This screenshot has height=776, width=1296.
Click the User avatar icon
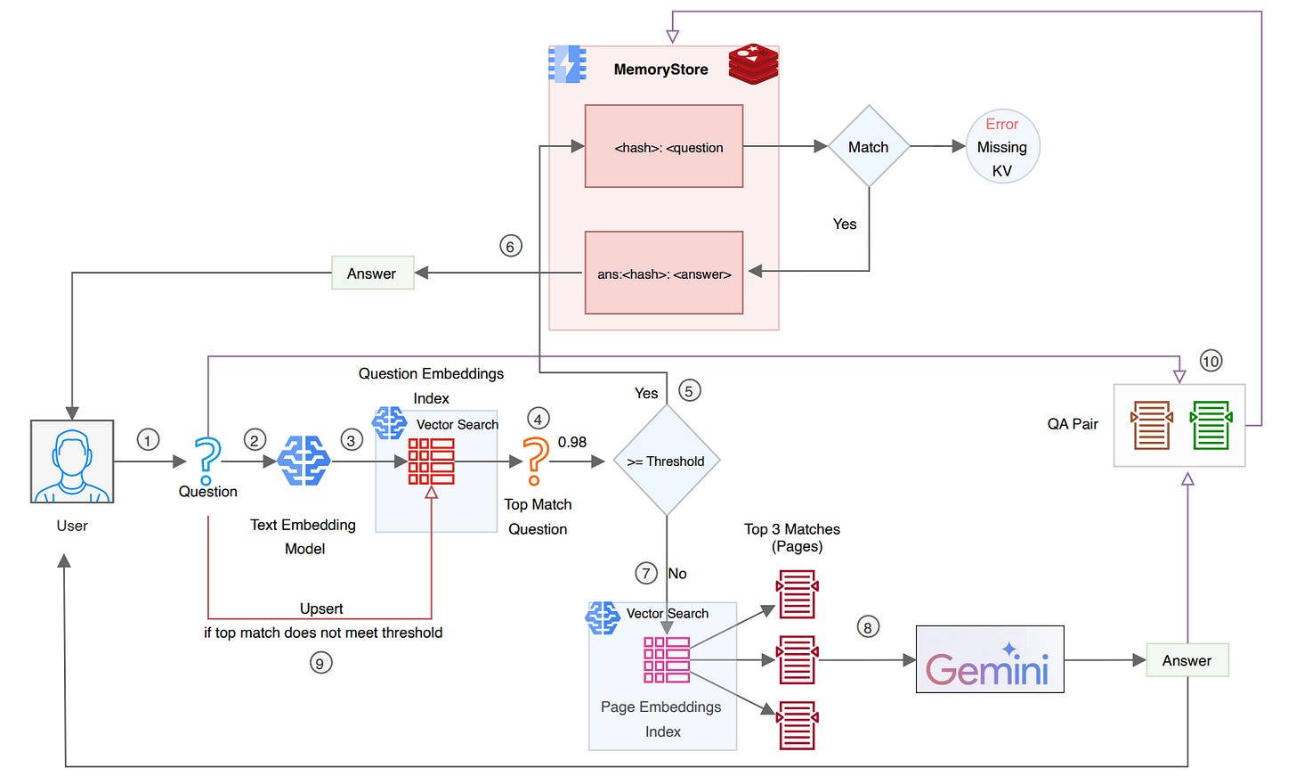tap(72, 462)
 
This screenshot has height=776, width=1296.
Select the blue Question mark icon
tap(207, 460)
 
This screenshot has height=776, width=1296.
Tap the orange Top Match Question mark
tap(535, 460)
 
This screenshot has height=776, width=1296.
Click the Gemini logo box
tap(990, 659)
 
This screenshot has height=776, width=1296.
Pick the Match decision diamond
tap(869, 146)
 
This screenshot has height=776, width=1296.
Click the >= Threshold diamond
tap(667, 461)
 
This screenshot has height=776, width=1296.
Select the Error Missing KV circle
tap(1002, 147)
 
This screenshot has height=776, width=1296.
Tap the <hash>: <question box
tap(664, 146)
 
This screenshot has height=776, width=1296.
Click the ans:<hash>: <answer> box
tap(664, 273)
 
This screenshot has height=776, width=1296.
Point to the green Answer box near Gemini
tap(1187, 660)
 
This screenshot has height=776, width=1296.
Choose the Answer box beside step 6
tap(372, 273)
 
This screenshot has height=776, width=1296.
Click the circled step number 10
tap(1211, 361)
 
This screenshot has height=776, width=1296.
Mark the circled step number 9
tap(320, 663)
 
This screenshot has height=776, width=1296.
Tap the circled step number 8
tap(868, 626)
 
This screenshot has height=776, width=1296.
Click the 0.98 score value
tap(572, 442)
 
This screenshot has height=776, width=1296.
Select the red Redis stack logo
tap(753, 64)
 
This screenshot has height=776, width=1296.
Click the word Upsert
tap(321, 609)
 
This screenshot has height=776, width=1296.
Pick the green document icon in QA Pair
tap(1211, 425)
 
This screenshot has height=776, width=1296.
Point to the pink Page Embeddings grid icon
tap(667, 659)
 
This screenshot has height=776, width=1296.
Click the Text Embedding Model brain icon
tap(304, 460)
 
